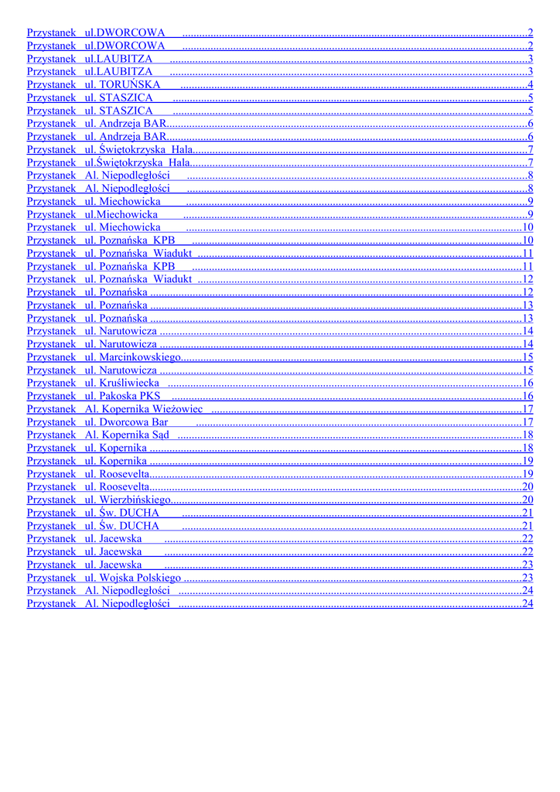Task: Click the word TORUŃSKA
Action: (x=130, y=84)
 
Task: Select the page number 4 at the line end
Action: (x=530, y=84)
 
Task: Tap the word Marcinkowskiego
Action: (x=140, y=357)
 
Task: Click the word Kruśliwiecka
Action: (x=129, y=383)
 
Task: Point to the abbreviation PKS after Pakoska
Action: (x=149, y=396)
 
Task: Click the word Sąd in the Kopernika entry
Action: (x=161, y=435)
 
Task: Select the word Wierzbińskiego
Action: (x=135, y=500)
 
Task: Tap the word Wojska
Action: (x=116, y=578)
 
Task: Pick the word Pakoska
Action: (x=118, y=396)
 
